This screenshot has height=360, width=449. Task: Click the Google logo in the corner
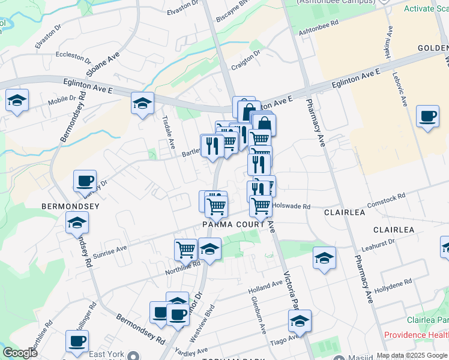tap(20, 352)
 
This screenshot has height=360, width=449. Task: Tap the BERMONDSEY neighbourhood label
tap(70, 206)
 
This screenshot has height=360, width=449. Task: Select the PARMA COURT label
tap(234, 224)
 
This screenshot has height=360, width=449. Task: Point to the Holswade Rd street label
tap(291, 206)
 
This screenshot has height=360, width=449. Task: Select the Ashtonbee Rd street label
tap(319, 25)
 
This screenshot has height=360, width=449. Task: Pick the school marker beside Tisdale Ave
tap(142, 103)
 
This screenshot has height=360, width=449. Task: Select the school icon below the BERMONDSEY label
tap(77, 223)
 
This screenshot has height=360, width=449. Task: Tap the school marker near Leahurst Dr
tap(324, 258)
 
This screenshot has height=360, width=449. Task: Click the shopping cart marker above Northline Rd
tap(186, 249)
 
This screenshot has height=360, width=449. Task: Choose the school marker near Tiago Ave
tap(299, 321)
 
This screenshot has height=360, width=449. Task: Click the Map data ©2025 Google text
tap(412, 355)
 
